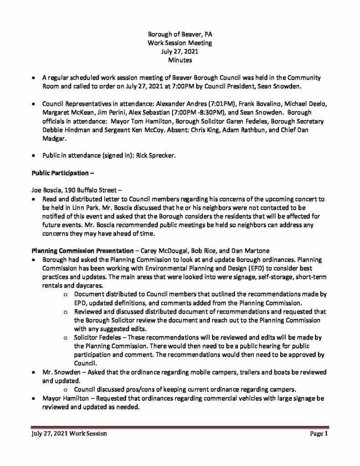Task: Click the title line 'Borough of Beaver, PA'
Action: click(179, 35)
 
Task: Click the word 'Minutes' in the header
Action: click(180, 60)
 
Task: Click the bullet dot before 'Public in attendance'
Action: click(33, 156)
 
